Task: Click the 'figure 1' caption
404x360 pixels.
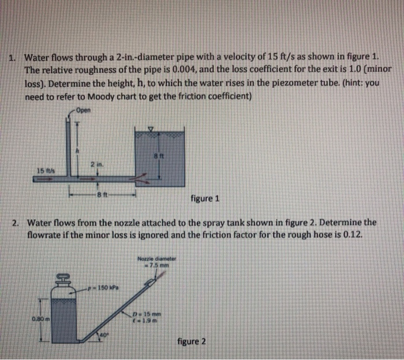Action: [x=204, y=200]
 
